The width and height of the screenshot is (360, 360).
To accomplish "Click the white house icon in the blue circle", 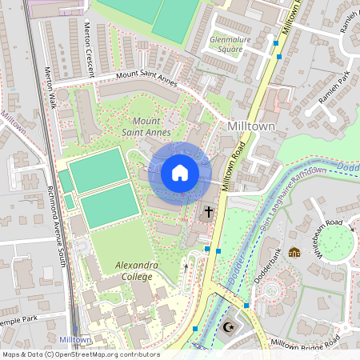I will click(x=180, y=173).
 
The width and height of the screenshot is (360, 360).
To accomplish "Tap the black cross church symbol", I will click(x=209, y=212).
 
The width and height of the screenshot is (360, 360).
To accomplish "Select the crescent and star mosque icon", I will click(x=230, y=326).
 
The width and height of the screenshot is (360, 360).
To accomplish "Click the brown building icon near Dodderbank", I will click(x=294, y=252).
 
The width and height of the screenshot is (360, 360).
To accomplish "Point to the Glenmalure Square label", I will click(x=226, y=43).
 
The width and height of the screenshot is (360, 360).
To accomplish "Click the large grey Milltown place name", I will click(x=251, y=126).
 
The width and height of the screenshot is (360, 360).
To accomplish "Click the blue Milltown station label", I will click(x=74, y=339).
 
